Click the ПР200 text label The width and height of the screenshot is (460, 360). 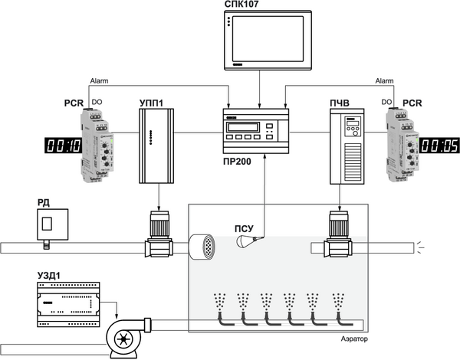coord(243,162)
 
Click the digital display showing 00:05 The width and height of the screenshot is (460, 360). coord(439,145)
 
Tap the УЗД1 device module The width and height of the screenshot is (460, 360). coord(69,300)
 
